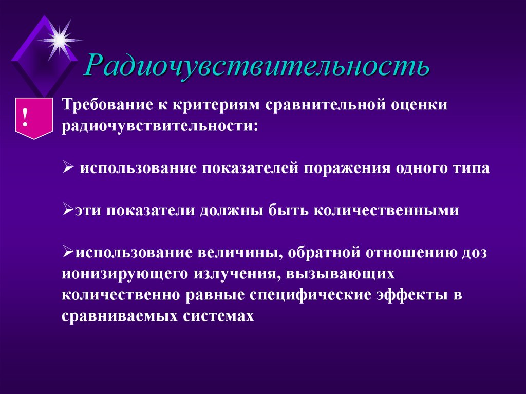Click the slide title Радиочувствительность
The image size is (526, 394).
(x=257, y=66)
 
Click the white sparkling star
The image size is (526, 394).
(x=60, y=39)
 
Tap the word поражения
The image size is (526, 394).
(x=348, y=169)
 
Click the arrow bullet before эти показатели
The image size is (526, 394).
(x=69, y=211)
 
